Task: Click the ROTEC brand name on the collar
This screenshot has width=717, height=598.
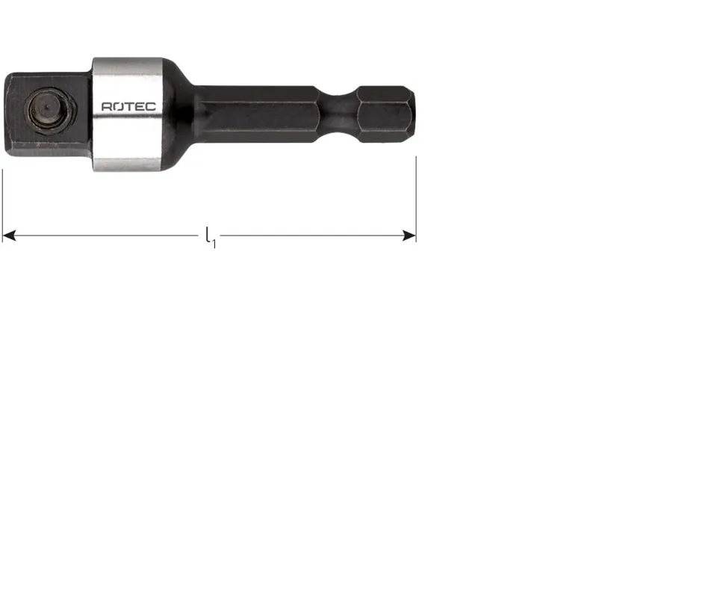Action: tap(128, 107)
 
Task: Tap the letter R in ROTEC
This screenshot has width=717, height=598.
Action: tap(106, 107)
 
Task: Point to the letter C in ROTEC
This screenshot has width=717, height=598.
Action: tap(151, 107)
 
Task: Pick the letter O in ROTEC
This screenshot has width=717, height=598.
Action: tap(118, 107)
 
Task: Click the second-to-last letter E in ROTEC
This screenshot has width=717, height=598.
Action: tap(140, 107)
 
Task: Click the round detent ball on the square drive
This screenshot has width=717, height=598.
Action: tap(48, 109)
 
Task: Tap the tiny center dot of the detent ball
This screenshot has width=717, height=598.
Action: tap(48, 108)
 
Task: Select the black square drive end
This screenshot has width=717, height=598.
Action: tap(48, 114)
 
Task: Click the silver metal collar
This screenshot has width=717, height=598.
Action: tap(128, 114)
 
